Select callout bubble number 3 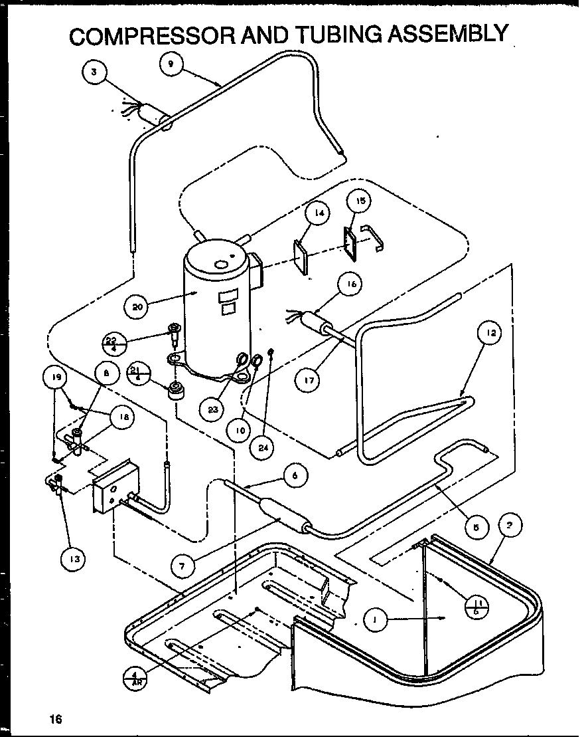coord(96,73)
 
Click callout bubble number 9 coord(171,64)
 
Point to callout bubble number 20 coord(138,307)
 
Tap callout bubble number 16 coord(350,284)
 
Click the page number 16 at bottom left coord(55,718)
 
